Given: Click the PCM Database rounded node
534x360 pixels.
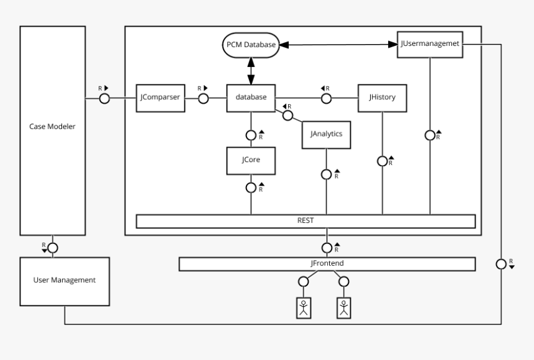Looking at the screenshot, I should coord(250,45).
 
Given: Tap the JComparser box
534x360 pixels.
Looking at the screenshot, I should coord(160,98).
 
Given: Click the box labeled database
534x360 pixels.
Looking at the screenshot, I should coord(251,98).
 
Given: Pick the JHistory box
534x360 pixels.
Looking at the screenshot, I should coord(382,98).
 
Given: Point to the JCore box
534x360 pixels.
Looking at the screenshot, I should coord(251,160).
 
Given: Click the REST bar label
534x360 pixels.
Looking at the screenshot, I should coord(305,221).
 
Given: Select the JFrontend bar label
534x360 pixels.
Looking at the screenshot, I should coord(327,264).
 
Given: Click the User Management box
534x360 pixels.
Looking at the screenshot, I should coord(64,281).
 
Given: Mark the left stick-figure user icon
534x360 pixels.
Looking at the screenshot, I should coord(304,307).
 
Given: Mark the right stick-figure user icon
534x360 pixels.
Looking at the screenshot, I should coord(344,307).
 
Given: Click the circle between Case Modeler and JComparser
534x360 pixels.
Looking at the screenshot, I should coord(104,99).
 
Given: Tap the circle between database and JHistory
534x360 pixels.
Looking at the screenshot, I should coord(326,98).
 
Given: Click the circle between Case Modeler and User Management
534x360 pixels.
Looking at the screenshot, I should coord(53,247).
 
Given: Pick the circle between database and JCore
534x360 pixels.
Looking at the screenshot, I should coord(251,135).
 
